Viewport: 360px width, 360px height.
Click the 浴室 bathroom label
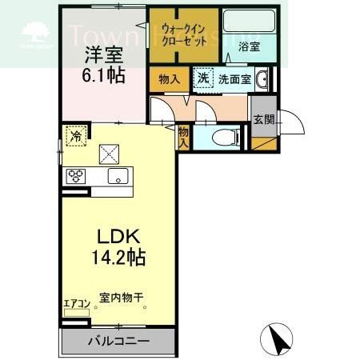click(x=249, y=47)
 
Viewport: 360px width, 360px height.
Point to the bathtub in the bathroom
click(x=248, y=25)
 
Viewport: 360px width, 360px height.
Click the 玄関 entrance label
click(x=263, y=120)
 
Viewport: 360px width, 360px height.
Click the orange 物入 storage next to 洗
click(x=170, y=78)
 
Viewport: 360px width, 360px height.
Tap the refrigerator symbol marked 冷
click(x=75, y=136)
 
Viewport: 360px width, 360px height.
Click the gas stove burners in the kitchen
click(x=76, y=177)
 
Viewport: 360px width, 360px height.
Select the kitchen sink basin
click(x=117, y=177)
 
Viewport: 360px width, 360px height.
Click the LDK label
click(x=120, y=238)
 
